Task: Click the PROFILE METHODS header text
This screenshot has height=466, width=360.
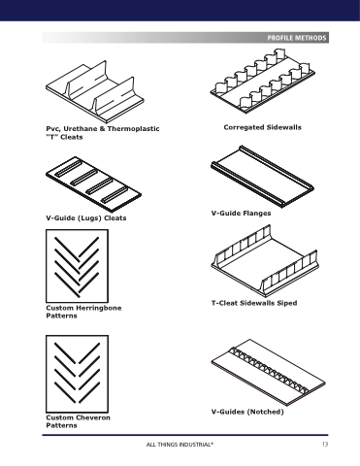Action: (297, 38)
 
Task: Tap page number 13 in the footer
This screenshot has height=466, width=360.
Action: (325, 444)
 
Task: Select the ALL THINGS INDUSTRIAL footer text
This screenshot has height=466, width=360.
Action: (180, 445)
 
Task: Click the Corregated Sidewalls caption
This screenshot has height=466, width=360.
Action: (262, 127)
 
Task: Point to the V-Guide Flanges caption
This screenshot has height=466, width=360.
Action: (241, 214)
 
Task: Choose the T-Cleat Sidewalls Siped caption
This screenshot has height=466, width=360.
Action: (254, 303)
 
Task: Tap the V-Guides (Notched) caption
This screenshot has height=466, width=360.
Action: (247, 412)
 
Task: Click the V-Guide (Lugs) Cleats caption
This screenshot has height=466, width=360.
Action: (86, 218)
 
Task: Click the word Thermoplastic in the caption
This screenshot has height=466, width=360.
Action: (133, 129)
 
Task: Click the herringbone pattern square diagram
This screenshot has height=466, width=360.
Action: (77, 266)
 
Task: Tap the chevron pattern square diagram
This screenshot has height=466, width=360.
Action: (77, 374)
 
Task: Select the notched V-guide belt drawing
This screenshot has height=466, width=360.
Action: (268, 372)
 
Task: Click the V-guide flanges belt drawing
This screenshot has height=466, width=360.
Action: (262, 176)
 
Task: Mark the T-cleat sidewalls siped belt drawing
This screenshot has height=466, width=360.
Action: (265, 261)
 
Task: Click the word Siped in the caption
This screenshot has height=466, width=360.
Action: (287, 303)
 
